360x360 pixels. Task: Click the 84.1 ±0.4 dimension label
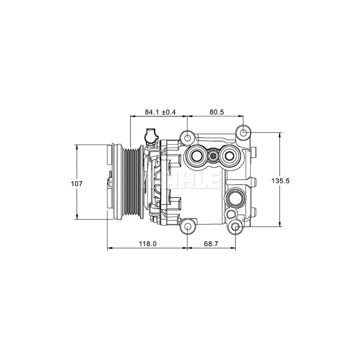(x=160, y=112)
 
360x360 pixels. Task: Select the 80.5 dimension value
(x=216, y=112)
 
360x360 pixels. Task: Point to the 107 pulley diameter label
(x=76, y=184)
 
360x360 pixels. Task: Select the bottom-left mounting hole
(x=188, y=228)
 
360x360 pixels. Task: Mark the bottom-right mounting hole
(x=235, y=228)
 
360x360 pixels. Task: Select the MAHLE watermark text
(x=182, y=181)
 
